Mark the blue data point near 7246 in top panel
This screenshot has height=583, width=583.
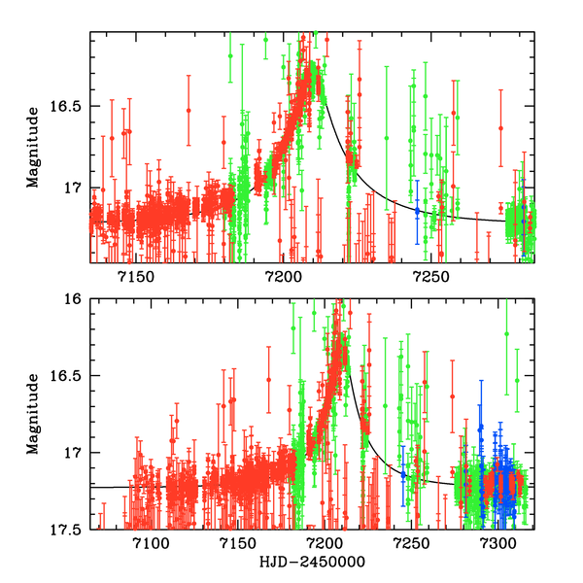click(x=418, y=210)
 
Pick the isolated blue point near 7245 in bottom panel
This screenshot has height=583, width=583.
click(x=403, y=473)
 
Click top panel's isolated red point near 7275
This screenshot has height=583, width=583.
click(x=501, y=127)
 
